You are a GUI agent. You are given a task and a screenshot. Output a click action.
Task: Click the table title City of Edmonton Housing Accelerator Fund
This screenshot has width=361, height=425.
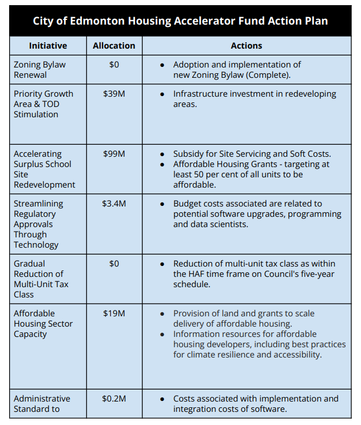coord(180,21)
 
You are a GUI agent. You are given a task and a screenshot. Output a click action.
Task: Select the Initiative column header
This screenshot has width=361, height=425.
coord(48,46)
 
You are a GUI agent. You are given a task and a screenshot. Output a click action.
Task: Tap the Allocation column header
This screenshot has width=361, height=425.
coord(114,46)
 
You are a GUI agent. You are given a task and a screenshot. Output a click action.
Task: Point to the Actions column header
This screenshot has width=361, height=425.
coord(246,46)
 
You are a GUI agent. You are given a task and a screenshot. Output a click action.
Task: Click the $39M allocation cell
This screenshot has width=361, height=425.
coord(114,94)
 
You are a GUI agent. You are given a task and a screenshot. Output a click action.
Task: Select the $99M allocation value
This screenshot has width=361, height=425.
coord(114,154)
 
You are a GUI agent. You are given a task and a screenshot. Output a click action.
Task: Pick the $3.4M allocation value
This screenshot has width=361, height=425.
coord(114,204)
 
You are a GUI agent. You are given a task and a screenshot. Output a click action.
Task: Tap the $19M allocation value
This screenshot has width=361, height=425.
coord(114,313)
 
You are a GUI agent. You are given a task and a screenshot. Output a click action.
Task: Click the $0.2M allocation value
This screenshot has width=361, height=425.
coord(114,399)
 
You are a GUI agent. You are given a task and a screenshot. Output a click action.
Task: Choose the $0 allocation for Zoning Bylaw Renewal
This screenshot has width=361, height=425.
coord(114,65)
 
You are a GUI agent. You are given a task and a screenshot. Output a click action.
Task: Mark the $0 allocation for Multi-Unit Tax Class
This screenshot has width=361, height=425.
coord(114,264)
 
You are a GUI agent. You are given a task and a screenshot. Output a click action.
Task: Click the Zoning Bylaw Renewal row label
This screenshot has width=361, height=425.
coord(39,70)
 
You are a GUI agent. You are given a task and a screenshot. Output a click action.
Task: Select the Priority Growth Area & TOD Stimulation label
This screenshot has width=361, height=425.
coord(43,104)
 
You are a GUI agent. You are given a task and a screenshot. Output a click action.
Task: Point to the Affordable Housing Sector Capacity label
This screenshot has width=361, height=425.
coord(43,324)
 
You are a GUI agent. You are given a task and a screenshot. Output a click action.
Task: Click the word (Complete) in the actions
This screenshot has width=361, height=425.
coord(270,75)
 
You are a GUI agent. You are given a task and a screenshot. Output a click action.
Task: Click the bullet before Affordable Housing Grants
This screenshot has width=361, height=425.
coord(163,164)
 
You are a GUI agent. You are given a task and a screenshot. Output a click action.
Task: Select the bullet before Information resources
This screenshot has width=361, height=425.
coord(163,334)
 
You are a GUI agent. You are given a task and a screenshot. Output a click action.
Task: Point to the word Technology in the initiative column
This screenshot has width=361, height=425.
coord(36,245)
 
